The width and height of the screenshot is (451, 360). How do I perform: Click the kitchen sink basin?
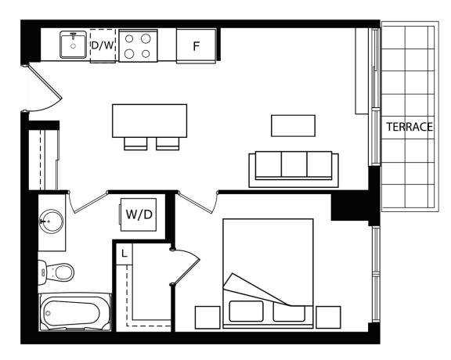[73, 45]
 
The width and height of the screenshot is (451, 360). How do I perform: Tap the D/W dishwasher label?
[103, 45]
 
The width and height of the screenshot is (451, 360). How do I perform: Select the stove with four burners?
[138, 45]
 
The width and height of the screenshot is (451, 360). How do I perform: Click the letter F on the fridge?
[197, 46]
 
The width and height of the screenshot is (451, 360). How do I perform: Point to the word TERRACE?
[410, 127]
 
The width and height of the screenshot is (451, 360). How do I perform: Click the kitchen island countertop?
[150, 121]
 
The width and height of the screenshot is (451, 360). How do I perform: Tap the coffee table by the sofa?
[293, 126]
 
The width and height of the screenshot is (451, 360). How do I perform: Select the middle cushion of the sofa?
[294, 164]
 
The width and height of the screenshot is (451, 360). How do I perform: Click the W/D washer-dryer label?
[139, 214]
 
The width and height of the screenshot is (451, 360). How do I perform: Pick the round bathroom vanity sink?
[51, 221]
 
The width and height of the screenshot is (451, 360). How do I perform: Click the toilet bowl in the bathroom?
[64, 272]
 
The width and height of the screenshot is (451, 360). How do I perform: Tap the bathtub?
[75, 312]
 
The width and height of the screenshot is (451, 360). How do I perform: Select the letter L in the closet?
[124, 254]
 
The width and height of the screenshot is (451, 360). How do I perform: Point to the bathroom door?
[88, 202]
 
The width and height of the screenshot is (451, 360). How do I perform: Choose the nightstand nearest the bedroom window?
[328, 317]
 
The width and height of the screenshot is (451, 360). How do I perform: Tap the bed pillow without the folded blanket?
[246, 311]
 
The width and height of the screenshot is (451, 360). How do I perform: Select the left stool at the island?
[135, 143]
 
